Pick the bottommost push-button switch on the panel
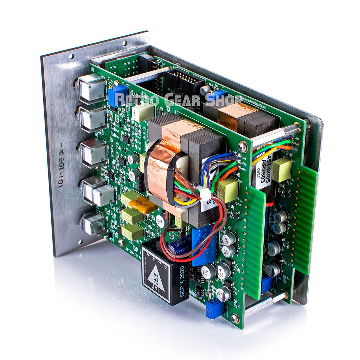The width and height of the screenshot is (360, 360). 93,224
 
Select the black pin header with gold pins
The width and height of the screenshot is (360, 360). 184,83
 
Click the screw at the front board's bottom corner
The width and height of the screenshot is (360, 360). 234,318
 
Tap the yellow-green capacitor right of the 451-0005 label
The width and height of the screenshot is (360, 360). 282,169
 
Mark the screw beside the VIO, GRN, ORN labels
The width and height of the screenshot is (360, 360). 243,146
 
